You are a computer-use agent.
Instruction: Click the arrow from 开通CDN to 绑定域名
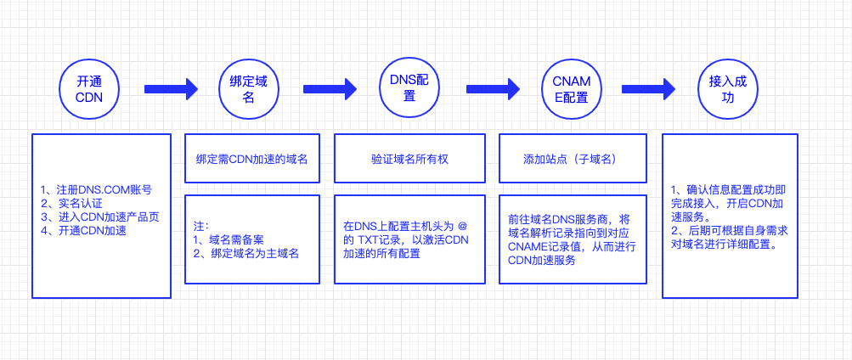point(171,89)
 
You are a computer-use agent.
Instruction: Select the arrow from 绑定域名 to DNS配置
point(330,89)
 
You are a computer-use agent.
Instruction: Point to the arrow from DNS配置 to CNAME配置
point(493,89)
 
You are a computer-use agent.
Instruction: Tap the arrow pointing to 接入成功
point(648,89)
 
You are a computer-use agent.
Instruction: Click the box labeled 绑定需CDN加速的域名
point(252,159)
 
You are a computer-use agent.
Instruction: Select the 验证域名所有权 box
point(409,159)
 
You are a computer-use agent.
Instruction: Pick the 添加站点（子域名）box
point(573,159)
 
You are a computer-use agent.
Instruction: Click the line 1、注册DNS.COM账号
point(96,190)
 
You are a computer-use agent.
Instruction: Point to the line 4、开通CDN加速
point(84,231)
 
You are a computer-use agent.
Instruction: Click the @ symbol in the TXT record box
point(463,225)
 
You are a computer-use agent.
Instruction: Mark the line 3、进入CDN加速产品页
point(99,217)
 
